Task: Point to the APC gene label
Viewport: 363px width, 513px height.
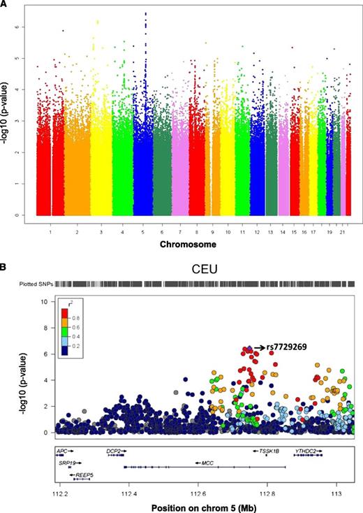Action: click(x=62, y=451)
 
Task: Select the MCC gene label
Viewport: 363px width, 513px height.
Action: click(x=207, y=463)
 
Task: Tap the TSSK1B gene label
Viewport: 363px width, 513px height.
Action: click(x=269, y=451)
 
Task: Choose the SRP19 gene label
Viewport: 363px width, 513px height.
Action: click(x=67, y=463)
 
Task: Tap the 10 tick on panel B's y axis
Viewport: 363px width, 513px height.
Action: click(x=43, y=302)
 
